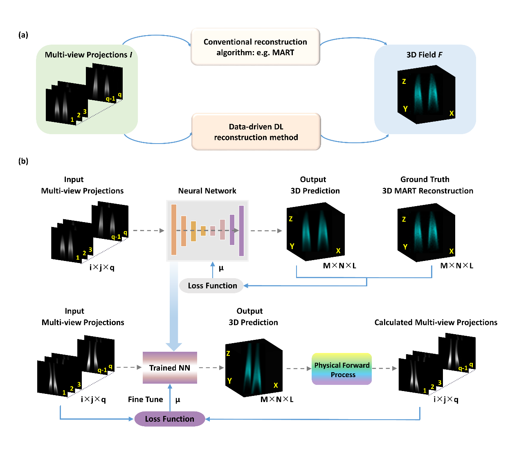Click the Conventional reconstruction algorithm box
pos(255,47)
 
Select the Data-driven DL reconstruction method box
pos(256,132)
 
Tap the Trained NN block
pos(170,368)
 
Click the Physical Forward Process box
pos(342,369)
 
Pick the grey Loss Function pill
pos(212,285)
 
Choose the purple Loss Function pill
pos(170,419)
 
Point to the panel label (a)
pos(23,35)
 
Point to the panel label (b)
pos(23,161)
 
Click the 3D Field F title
pos(424,55)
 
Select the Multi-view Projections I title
pos(88,55)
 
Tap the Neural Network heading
pos(207,191)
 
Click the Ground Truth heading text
pos(425,179)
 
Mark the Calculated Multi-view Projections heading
pos(436,322)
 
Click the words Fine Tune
pos(145,399)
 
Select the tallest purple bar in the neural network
pos(241,231)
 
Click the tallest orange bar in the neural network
pos(174,230)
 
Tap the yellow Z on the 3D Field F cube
pos(404,81)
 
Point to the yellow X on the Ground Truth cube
pos(452,251)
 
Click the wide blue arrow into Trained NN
pos(174,307)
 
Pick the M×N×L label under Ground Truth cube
pos(456,266)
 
